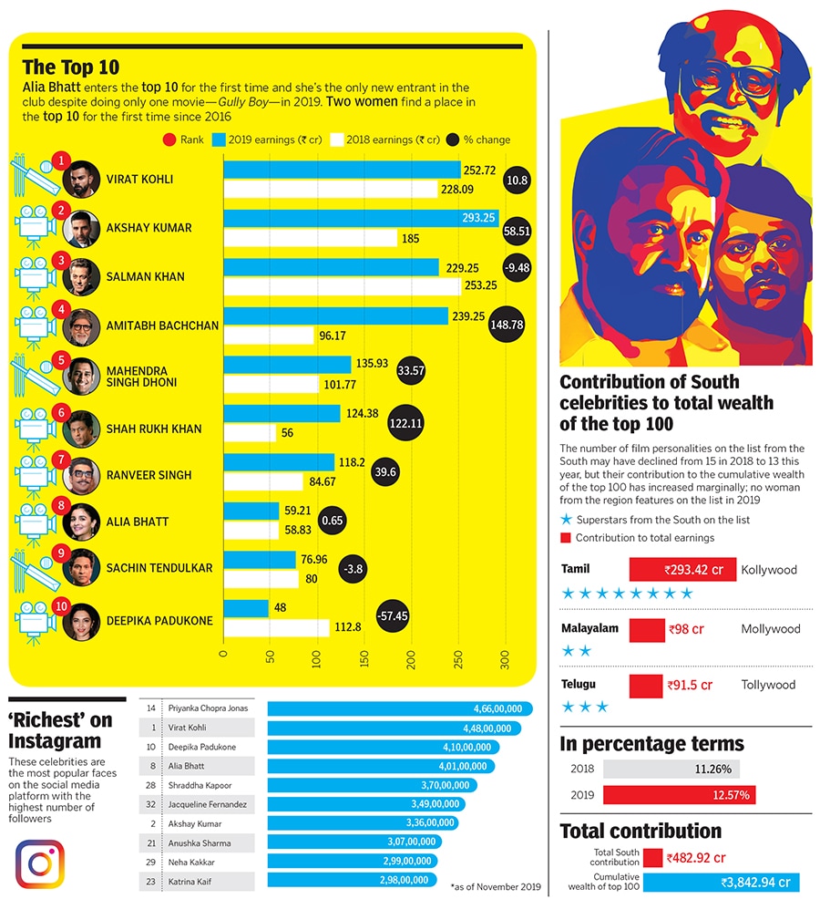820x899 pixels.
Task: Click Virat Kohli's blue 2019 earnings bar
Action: tap(342, 170)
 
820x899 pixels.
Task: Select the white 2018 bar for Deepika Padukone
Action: tap(276, 627)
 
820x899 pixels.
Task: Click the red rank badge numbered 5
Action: tap(61, 359)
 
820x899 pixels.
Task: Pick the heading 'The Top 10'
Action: tap(70, 67)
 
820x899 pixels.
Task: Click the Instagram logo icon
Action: tap(39, 863)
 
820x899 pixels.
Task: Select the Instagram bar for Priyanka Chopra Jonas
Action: tap(399, 708)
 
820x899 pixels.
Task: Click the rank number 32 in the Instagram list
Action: tap(153, 804)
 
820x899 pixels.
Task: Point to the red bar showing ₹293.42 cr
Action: tap(682, 570)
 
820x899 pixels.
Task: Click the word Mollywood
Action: tap(770, 629)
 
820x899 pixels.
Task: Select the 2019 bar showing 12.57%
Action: tap(679, 795)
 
